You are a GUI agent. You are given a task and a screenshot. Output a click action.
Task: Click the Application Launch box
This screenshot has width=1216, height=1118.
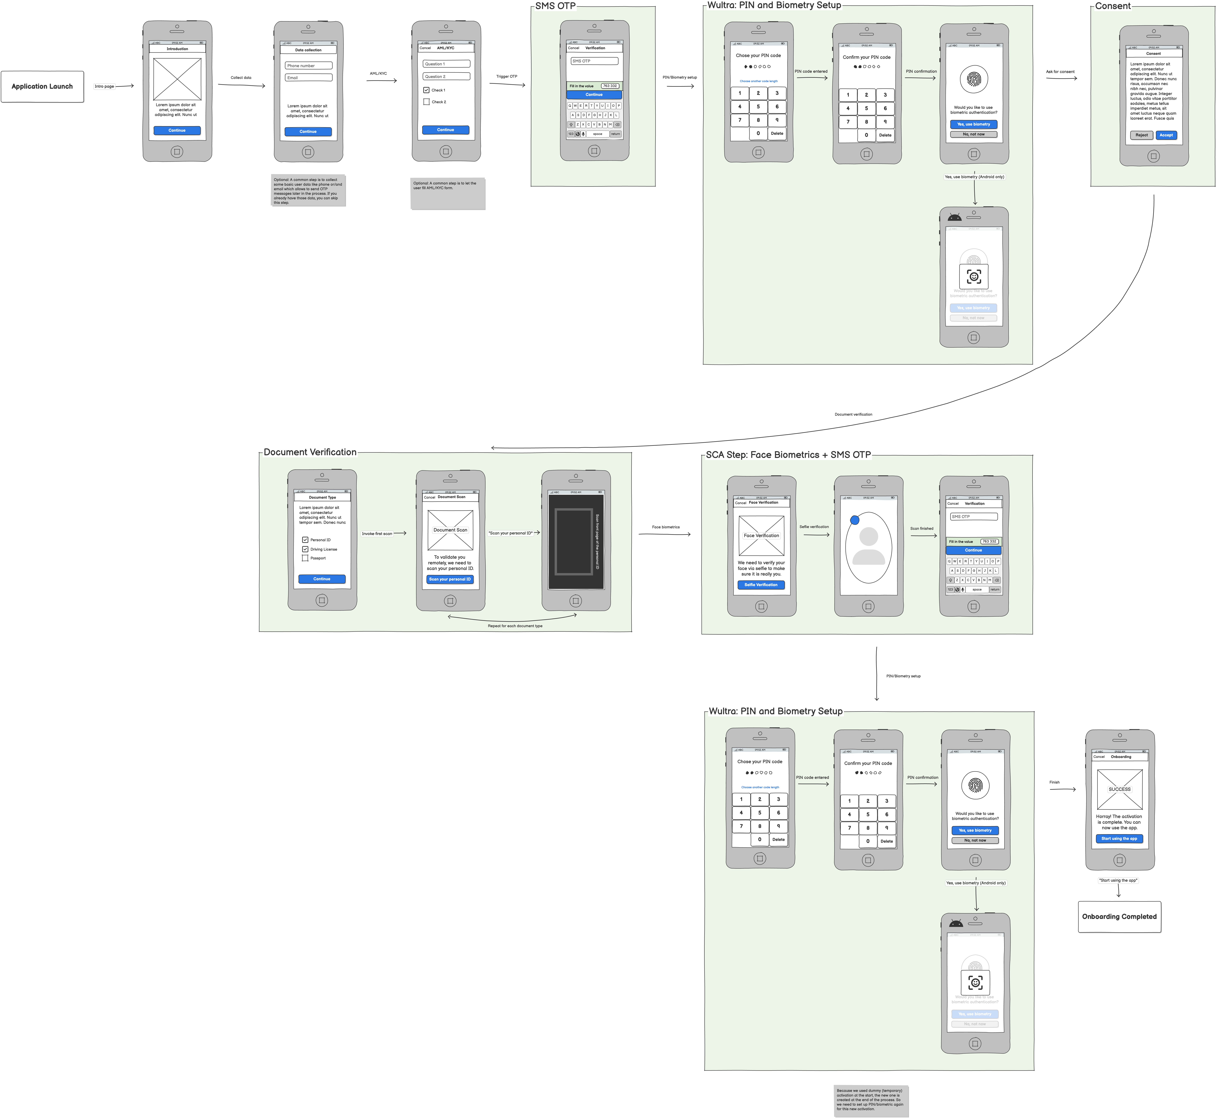coord(42,87)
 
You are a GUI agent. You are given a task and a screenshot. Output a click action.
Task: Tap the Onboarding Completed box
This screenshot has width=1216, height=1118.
coord(1119,917)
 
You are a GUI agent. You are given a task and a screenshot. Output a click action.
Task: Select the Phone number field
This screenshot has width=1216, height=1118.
coord(308,65)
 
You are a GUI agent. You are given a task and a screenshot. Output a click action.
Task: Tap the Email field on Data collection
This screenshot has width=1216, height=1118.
coord(308,77)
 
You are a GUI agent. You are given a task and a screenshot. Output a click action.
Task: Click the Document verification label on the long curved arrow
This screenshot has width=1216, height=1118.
coord(853,414)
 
